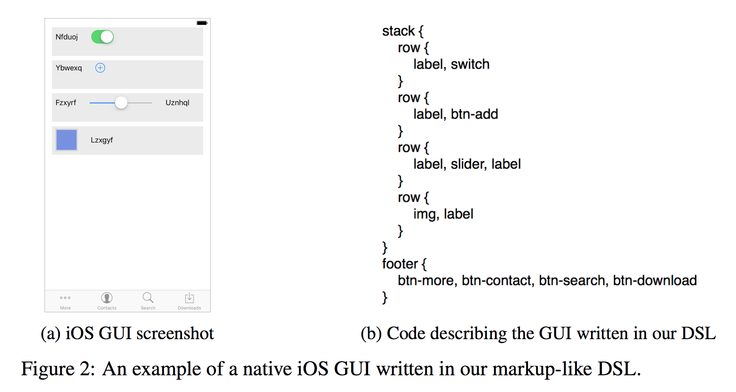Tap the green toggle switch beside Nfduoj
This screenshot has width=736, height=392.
pos(102,37)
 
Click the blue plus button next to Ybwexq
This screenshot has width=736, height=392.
pos(100,68)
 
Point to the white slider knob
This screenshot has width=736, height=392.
pos(121,103)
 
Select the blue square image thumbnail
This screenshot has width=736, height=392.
pos(67,140)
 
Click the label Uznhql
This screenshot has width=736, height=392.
pos(177,103)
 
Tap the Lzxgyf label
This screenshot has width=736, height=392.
pos(102,140)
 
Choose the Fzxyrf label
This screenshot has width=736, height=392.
pos(66,103)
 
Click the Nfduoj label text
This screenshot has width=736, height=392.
pos(67,37)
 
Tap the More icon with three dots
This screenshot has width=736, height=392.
pos(65,298)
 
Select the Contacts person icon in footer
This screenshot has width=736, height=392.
pos(107,298)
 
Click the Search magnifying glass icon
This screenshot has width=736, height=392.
pos(148,298)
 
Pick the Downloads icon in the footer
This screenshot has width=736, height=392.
pos(190,298)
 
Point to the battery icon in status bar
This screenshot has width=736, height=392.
pos(202,23)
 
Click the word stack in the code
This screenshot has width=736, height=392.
pos(398,31)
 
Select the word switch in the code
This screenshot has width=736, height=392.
pos(470,64)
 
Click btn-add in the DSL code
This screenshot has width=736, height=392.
pos(474,114)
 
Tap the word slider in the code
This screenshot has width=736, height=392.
pos(468,164)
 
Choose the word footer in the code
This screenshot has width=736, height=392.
pos(400,264)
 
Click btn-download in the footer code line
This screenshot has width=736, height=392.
pos(654,281)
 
